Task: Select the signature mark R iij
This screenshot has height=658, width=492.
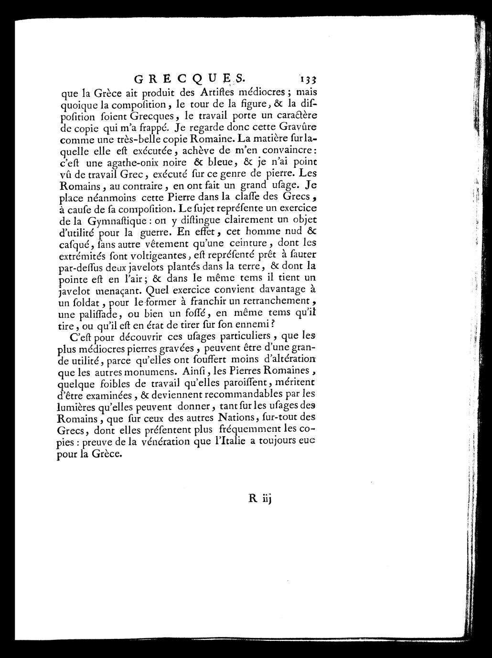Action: pos(259,498)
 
